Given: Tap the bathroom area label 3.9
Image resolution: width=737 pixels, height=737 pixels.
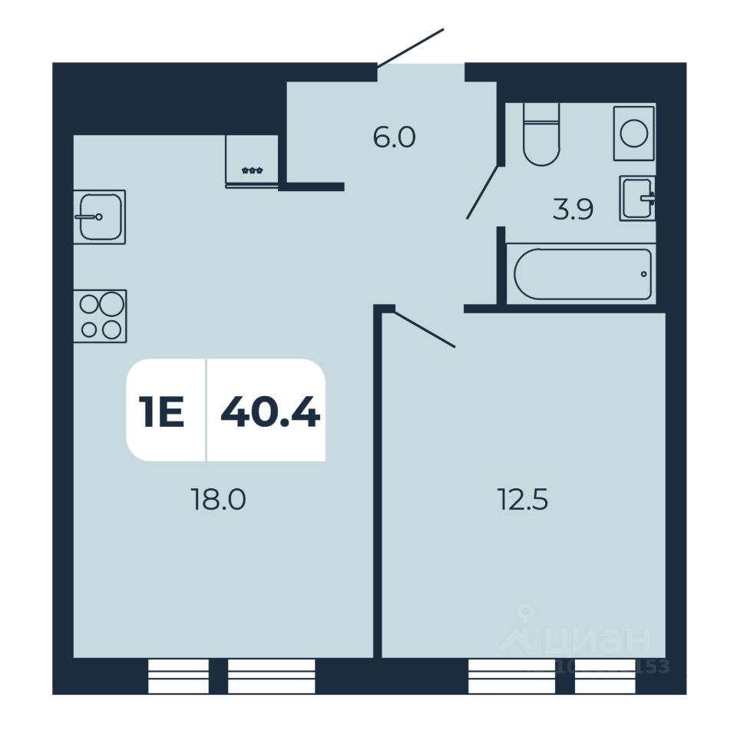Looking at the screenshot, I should (573, 210).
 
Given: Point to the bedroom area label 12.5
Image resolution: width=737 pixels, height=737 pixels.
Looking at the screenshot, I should (523, 500).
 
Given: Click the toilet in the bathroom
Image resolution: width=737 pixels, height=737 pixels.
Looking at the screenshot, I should (540, 135).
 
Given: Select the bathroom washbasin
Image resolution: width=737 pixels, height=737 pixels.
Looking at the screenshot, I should (636, 198).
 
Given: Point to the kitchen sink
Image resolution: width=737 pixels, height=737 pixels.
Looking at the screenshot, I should (100, 216).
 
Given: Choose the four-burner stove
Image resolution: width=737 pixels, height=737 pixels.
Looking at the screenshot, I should (101, 316).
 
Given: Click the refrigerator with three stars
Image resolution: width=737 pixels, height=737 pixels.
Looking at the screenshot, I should (252, 160).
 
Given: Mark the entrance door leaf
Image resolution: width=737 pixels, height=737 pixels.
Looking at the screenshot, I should (411, 47).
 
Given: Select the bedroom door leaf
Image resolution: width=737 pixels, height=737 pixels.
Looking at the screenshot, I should (425, 329).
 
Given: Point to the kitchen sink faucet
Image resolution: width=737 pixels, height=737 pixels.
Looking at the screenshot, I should (88, 217).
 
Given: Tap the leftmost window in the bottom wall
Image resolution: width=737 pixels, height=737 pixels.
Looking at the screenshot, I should (178, 676).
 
